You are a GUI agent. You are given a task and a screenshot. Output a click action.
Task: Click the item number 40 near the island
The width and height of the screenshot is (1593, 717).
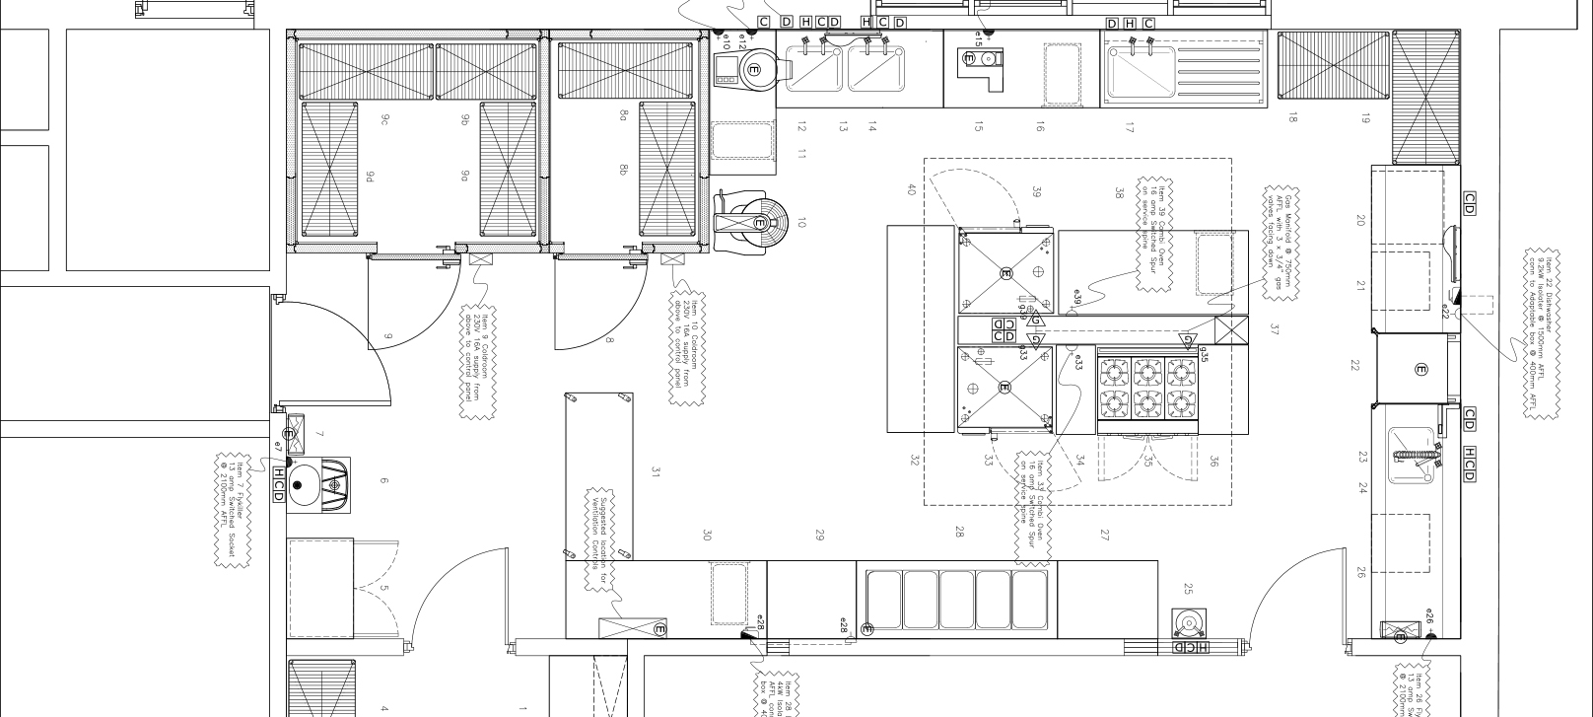(912, 190)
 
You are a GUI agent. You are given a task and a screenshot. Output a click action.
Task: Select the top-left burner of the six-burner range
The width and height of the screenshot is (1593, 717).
(1115, 372)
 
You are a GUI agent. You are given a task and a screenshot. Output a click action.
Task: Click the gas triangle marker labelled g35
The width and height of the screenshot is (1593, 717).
(1188, 341)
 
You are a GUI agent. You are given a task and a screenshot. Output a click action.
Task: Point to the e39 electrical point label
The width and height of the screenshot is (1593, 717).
(1077, 299)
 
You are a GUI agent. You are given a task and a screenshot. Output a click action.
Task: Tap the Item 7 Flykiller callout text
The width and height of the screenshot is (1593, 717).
(232, 509)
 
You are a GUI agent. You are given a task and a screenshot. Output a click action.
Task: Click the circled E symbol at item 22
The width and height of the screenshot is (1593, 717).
(1420, 370)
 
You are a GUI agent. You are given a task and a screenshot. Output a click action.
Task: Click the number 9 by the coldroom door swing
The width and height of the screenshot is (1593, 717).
(388, 338)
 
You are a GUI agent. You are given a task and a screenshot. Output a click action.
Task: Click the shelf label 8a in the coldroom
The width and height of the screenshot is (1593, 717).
(623, 115)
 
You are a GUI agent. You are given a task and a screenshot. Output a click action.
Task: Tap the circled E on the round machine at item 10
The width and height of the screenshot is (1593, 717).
(760, 223)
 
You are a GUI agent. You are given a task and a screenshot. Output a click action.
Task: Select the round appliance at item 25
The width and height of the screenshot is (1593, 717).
(1189, 624)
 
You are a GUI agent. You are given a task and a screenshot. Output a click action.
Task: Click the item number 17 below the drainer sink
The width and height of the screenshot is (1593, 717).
(1131, 127)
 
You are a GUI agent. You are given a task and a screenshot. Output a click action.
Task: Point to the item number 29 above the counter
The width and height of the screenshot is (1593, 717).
(819, 535)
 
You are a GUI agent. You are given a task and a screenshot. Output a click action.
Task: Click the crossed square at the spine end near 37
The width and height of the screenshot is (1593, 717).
(1231, 328)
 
